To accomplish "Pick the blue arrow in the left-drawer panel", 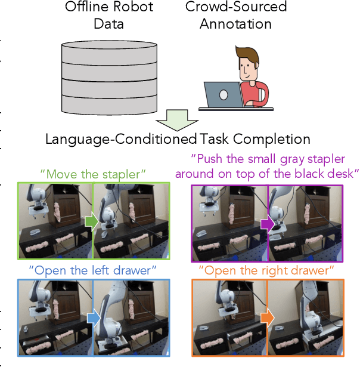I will [x=92, y=317].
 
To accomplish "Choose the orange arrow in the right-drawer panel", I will [x=266, y=318].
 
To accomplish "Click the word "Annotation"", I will [x=235, y=24].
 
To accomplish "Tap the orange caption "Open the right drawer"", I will [x=266, y=270].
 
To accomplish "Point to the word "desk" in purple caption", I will [x=341, y=174].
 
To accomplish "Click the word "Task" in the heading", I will [x=214, y=140].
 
